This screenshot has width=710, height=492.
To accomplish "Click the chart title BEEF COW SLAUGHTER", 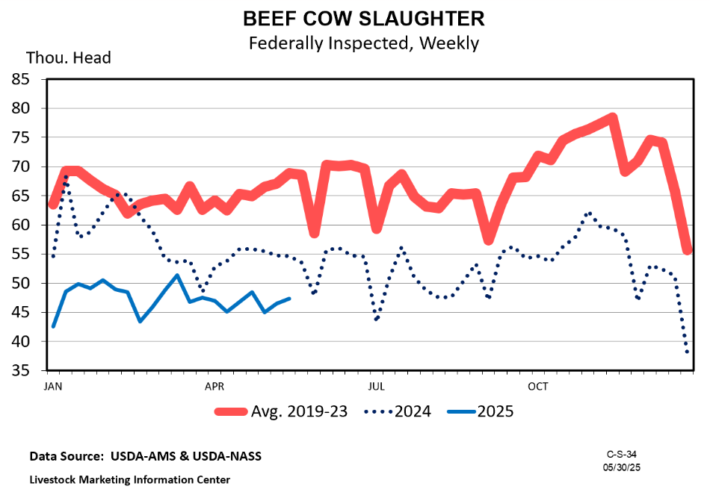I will (x=363, y=18).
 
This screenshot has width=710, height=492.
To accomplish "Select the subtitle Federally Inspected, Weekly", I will (x=363, y=43).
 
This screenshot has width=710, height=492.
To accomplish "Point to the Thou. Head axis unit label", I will (x=69, y=57).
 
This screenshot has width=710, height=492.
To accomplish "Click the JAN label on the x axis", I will (x=53, y=386).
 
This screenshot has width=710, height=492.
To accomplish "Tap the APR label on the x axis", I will (x=214, y=386).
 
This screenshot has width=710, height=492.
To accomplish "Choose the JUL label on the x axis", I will (x=377, y=386).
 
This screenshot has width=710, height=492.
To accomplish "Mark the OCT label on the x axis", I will (x=538, y=386).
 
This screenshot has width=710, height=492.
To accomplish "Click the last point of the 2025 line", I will (x=289, y=299).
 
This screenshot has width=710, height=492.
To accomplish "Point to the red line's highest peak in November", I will (x=612, y=117).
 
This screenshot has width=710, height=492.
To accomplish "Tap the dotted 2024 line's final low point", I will (x=688, y=352).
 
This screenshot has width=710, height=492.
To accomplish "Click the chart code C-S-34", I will (x=622, y=454).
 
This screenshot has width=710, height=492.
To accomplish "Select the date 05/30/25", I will (x=622, y=467).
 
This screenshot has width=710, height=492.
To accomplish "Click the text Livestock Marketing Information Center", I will (x=130, y=479).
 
